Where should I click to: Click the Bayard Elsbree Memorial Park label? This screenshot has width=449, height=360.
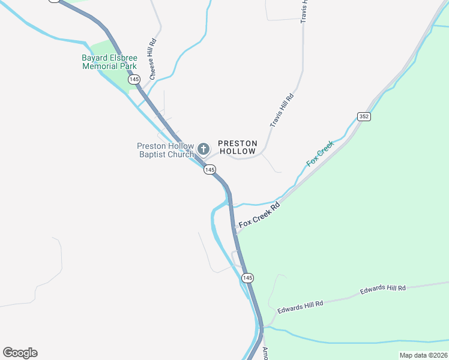(x=109, y=62)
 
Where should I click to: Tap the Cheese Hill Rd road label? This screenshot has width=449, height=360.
(x=153, y=60)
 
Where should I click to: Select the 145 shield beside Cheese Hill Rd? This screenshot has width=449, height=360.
(x=134, y=79)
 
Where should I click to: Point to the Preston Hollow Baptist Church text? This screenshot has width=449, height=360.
(x=165, y=150)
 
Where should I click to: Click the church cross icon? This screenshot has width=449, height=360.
(x=203, y=149)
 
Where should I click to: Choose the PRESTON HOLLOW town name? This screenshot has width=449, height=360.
(x=238, y=147)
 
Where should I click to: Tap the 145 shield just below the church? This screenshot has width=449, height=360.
(x=209, y=170)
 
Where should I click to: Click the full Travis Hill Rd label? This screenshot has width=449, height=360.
(x=282, y=110)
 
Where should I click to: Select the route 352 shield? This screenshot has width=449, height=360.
(x=363, y=116)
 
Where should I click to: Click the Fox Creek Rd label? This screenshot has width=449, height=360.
(x=259, y=215)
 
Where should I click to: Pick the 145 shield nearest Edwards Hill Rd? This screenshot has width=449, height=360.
(x=248, y=278)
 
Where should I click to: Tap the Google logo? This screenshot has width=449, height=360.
(x=20, y=353)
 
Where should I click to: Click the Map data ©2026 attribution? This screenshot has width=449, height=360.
(x=423, y=355)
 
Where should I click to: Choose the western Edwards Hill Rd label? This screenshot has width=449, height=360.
(x=300, y=305)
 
